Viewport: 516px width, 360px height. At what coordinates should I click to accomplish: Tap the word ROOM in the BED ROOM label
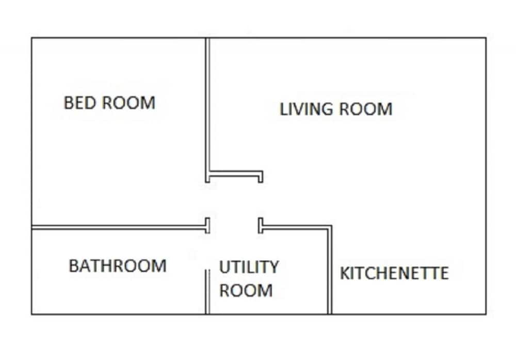pos(128,103)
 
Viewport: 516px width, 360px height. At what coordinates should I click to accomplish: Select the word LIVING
pos(306,109)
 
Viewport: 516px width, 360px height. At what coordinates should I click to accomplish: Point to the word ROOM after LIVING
pos(366,109)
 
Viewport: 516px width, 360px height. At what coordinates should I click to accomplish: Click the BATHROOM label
pos(118,266)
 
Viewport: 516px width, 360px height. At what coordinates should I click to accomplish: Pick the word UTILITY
pos(249,267)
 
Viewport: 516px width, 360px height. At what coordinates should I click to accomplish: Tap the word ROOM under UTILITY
pos(246,290)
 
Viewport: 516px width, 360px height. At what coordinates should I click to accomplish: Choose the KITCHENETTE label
pos(394,273)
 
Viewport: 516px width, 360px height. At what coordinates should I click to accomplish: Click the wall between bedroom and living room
pos(207,111)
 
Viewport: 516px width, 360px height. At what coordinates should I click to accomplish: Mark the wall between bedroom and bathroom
pos(120,227)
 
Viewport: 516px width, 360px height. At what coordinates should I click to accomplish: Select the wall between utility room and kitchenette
pos(329,270)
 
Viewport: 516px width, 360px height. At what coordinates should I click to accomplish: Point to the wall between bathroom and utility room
pos(207,292)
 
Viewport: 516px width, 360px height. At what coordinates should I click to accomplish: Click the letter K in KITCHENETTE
pos(344,273)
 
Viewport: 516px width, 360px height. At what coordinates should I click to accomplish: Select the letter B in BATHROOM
pos(73,266)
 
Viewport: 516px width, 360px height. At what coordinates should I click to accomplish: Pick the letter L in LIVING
pos(283,109)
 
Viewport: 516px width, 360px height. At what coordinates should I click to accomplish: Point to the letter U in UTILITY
pos(224,267)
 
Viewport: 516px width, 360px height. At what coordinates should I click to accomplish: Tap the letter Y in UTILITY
pos(273,267)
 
